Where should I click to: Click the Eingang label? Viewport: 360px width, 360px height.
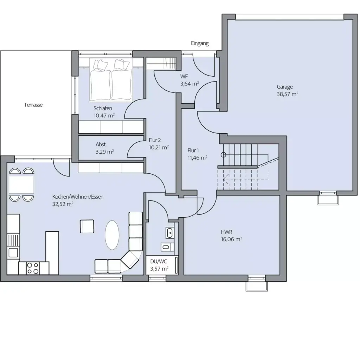click(x=200, y=44)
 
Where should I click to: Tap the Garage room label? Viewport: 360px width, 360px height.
click(x=284, y=87)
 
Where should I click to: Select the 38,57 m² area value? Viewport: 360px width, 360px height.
click(x=287, y=94)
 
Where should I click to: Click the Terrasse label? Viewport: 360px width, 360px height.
click(x=33, y=105)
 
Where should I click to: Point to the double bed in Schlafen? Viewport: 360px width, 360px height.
click(x=111, y=81)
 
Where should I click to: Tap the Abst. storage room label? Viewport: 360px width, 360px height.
click(x=101, y=144)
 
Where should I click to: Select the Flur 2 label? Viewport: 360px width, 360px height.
click(x=155, y=140)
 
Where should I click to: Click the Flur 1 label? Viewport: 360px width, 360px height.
click(x=193, y=150)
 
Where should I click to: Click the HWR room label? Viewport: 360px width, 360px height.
click(x=226, y=232)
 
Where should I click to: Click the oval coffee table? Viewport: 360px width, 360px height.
click(x=112, y=234)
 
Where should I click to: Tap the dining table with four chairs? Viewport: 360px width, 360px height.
click(x=21, y=184)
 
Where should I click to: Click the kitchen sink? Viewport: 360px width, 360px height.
click(x=13, y=252)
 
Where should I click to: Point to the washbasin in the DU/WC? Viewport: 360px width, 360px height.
click(x=169, y=232)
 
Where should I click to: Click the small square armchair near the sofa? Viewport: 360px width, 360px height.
click(x=87, y=226)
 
